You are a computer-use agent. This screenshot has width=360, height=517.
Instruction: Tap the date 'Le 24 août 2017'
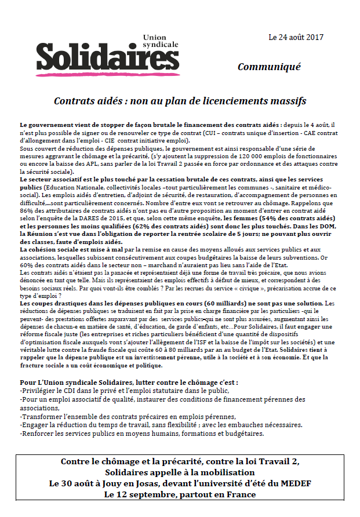pos(296,38)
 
